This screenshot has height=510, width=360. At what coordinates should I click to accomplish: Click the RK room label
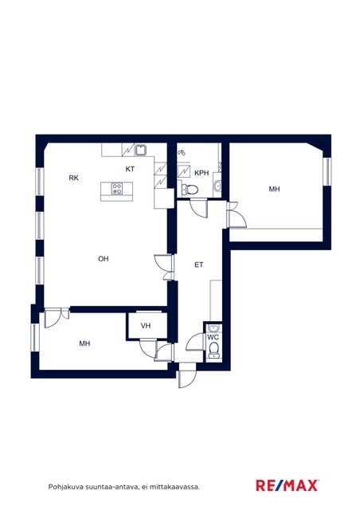tap(74, 178)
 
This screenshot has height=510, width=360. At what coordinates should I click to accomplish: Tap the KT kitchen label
tap(130, 169)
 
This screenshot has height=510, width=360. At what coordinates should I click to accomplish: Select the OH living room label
tap(104, 259)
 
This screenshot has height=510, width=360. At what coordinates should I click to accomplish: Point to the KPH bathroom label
tap(202, 173)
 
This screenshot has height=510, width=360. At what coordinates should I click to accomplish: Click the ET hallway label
tap(198, 265)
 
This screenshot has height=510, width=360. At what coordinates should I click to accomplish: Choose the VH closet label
tap(146, 326)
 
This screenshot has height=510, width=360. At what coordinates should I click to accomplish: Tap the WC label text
tap(213, 337)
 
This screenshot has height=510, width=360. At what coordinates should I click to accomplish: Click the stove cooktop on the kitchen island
tap(117, 188)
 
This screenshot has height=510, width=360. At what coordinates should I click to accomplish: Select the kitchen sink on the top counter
tap(141, 150)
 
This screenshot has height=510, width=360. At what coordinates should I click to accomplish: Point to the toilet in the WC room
tap(213, 350)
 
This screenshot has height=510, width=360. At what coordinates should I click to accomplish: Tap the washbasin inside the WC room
tap(213, 328)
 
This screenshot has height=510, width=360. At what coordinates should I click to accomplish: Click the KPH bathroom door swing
tap(198, 209)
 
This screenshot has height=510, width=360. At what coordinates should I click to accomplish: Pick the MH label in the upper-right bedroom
tap(274, 189)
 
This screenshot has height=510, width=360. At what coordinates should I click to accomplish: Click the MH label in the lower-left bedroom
tap(84, 343)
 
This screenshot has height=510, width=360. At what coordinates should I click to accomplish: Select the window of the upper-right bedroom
tap(327, 172)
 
